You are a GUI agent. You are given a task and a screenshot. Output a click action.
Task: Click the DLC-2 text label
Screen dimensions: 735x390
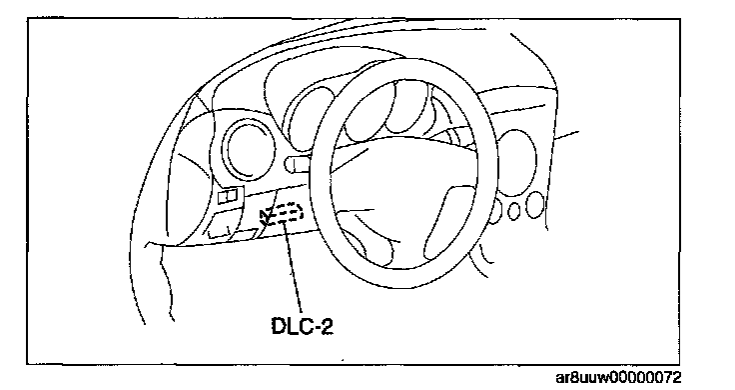coord(303,326)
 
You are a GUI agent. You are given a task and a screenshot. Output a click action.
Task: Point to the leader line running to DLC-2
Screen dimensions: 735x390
coord(293,268)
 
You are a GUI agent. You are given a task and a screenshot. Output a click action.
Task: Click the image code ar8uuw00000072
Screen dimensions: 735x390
coord(618,378)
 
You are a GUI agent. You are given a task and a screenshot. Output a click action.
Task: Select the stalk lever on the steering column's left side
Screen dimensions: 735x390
coord(300,163)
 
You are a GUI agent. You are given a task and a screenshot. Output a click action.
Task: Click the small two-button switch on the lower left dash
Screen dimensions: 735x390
coord(231,195)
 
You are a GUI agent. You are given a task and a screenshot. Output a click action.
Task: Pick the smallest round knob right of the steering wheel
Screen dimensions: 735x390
coord(514,211)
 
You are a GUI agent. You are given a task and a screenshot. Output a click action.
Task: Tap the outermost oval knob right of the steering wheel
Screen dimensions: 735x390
coord(534,205)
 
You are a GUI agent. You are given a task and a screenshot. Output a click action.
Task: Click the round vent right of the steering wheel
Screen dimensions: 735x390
coord(515,162)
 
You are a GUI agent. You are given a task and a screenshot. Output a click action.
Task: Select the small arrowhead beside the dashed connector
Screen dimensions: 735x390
coord(264,215)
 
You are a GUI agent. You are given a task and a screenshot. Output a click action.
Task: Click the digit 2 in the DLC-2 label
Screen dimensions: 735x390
coord(327,326)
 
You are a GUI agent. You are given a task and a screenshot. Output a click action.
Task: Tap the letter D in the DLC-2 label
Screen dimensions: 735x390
coord(280,326)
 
